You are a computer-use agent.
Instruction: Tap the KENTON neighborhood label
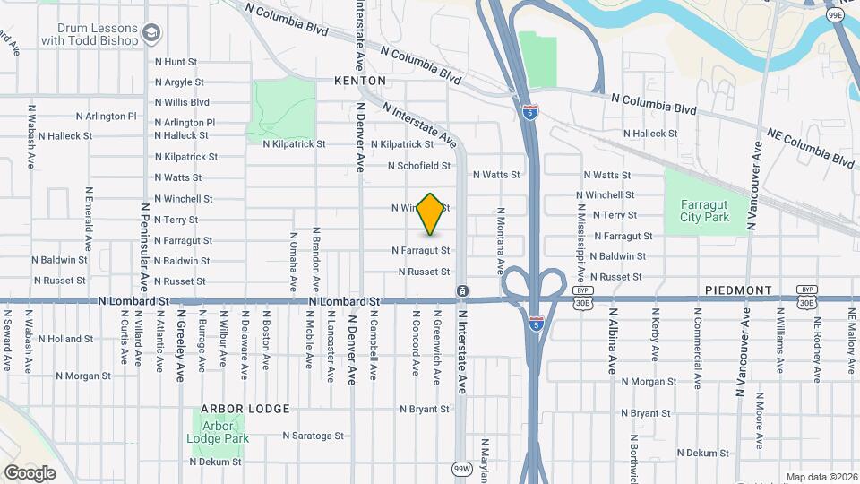(x=359, y=81)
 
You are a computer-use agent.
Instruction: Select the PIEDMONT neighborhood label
(x=738, y=290)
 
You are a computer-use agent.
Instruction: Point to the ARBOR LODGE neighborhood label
(x=245, y=409)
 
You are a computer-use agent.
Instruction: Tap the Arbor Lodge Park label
(x=218, y=432)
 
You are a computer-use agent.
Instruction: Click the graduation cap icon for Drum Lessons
(x=151, y=34)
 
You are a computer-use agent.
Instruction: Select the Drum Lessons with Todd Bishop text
(x=90, y=34)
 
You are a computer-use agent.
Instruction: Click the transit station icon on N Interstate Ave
(x=461, y=290)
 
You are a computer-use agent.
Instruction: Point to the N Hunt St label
(x=175, y=62)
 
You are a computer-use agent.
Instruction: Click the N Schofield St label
(x=418, y=166)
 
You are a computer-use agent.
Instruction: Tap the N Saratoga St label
(x=313, y=436)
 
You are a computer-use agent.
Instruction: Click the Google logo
(x=30, y=472)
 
